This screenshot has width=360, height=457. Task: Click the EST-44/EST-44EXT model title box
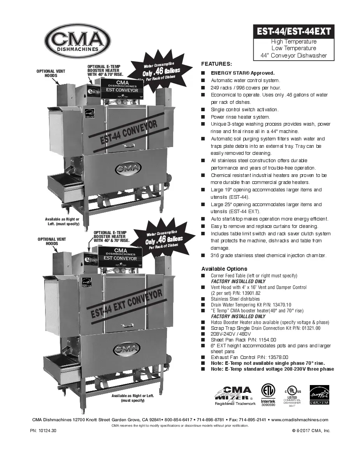click(293, 31)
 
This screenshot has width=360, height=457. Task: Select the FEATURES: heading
click(216, 64)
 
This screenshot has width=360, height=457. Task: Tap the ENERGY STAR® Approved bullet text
click(242, 73)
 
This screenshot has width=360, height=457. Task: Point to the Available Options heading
click(224, 269)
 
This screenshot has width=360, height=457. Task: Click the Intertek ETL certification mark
click(267, 395)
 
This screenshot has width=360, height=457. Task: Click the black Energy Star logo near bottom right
click(319, 395)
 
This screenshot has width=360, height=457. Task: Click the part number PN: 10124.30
click(43, 431)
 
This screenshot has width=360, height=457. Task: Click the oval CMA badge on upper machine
click(128, 168)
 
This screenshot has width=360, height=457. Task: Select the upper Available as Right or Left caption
click(62, 222)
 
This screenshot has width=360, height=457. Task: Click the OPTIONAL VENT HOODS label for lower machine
click(51, 241)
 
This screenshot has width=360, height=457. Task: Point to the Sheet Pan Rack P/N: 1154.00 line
click(243, 340)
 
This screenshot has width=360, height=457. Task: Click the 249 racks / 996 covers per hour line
click(246, 88)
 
